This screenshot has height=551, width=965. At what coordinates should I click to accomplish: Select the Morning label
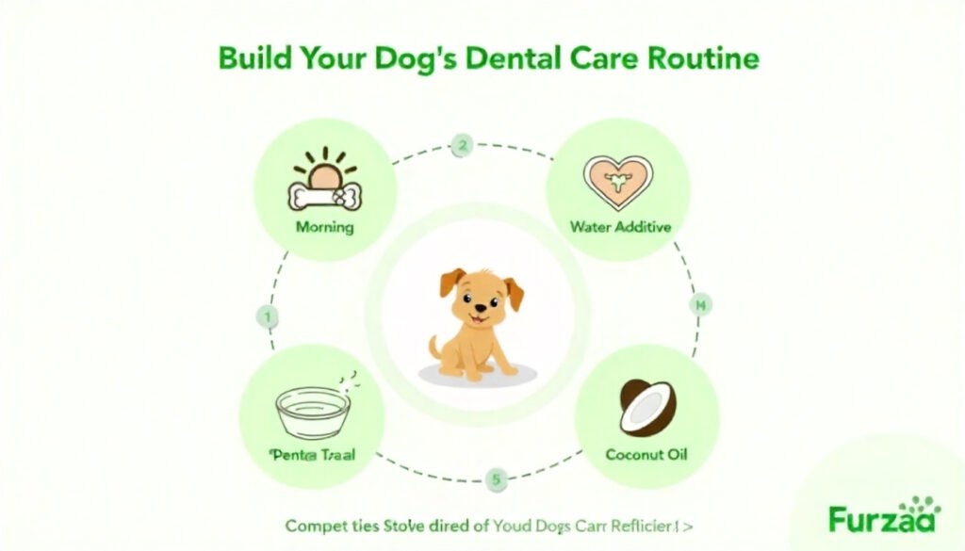click(x=324, y=227)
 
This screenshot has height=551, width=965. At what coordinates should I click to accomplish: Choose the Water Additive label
click(x=619, y=227)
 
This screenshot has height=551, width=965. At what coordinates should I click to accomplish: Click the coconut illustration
click(x=646, y=407)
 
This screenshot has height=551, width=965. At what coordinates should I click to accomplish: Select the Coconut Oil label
click(x=646, y=455)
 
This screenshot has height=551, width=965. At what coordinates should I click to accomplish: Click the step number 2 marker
click(x=461, y=146)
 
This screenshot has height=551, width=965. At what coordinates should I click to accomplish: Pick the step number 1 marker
click(x=268, y=317)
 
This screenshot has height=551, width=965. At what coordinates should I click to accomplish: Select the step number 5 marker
click(x=496, y=479)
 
